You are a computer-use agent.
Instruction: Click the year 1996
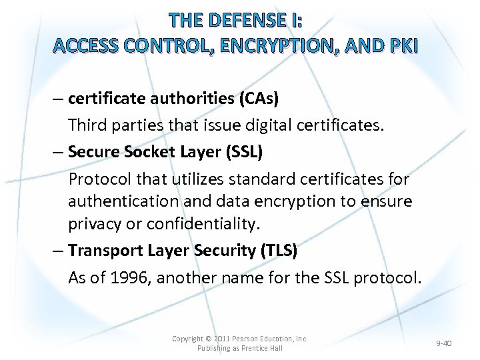(x=131, y=277)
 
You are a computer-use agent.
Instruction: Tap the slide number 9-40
(x=443, y=343)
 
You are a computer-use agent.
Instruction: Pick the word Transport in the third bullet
(x=102, y=250)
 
